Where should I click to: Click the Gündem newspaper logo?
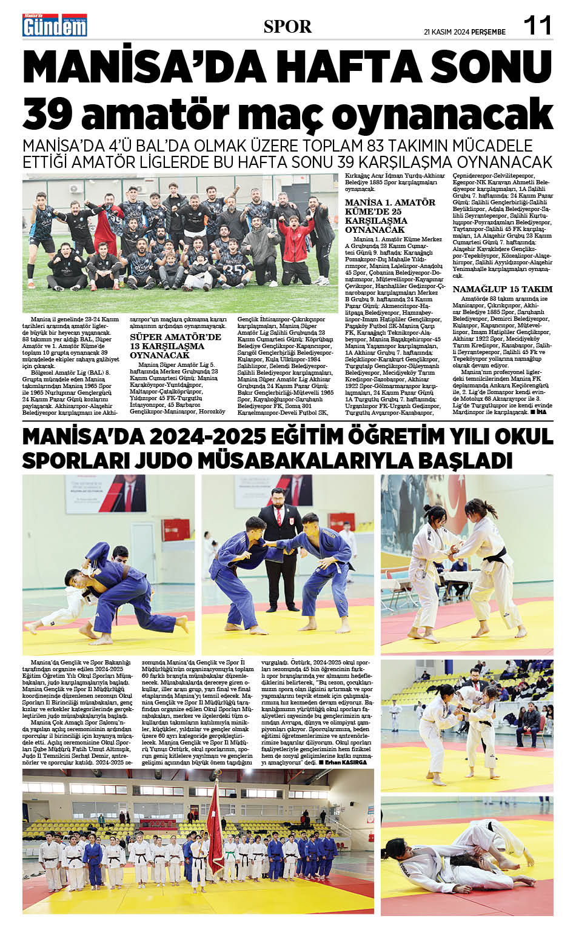55,25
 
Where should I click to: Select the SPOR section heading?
287,27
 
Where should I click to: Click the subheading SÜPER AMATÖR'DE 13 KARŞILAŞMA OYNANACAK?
175,346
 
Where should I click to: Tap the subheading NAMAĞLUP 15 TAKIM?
503,289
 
